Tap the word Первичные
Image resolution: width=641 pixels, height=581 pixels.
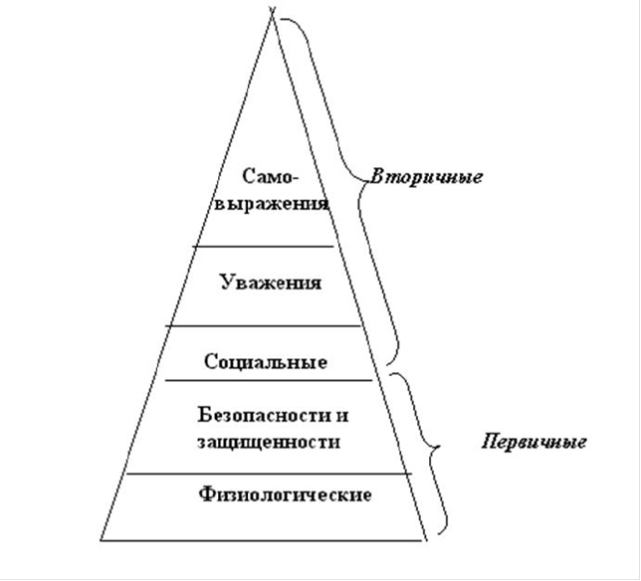(534, 442)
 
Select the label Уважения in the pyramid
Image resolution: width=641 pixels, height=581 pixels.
(271, 283)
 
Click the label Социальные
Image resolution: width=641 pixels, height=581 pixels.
(266, 361)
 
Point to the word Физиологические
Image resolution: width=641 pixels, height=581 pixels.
(285, 494)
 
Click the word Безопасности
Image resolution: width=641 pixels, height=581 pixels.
(264, 415)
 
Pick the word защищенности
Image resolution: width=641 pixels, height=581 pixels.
(269, 443)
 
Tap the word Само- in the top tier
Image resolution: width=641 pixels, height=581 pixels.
(271, 176)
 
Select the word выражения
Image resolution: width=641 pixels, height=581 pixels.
(272, 204)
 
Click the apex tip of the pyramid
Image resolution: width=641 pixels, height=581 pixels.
(272, 12)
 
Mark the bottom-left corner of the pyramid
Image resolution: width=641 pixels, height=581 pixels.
(101, 540)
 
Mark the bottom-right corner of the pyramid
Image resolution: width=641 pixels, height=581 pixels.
(426, 540)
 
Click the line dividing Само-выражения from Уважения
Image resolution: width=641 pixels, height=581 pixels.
(264, 247)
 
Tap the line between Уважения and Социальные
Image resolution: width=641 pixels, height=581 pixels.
(264, 326)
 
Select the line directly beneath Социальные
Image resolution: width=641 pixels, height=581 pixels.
(269, 381)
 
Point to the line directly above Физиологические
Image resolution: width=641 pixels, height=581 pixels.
(269, 474)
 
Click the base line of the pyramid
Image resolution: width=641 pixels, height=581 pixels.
(263, 540)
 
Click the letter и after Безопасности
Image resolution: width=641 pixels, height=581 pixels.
(342, 416)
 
